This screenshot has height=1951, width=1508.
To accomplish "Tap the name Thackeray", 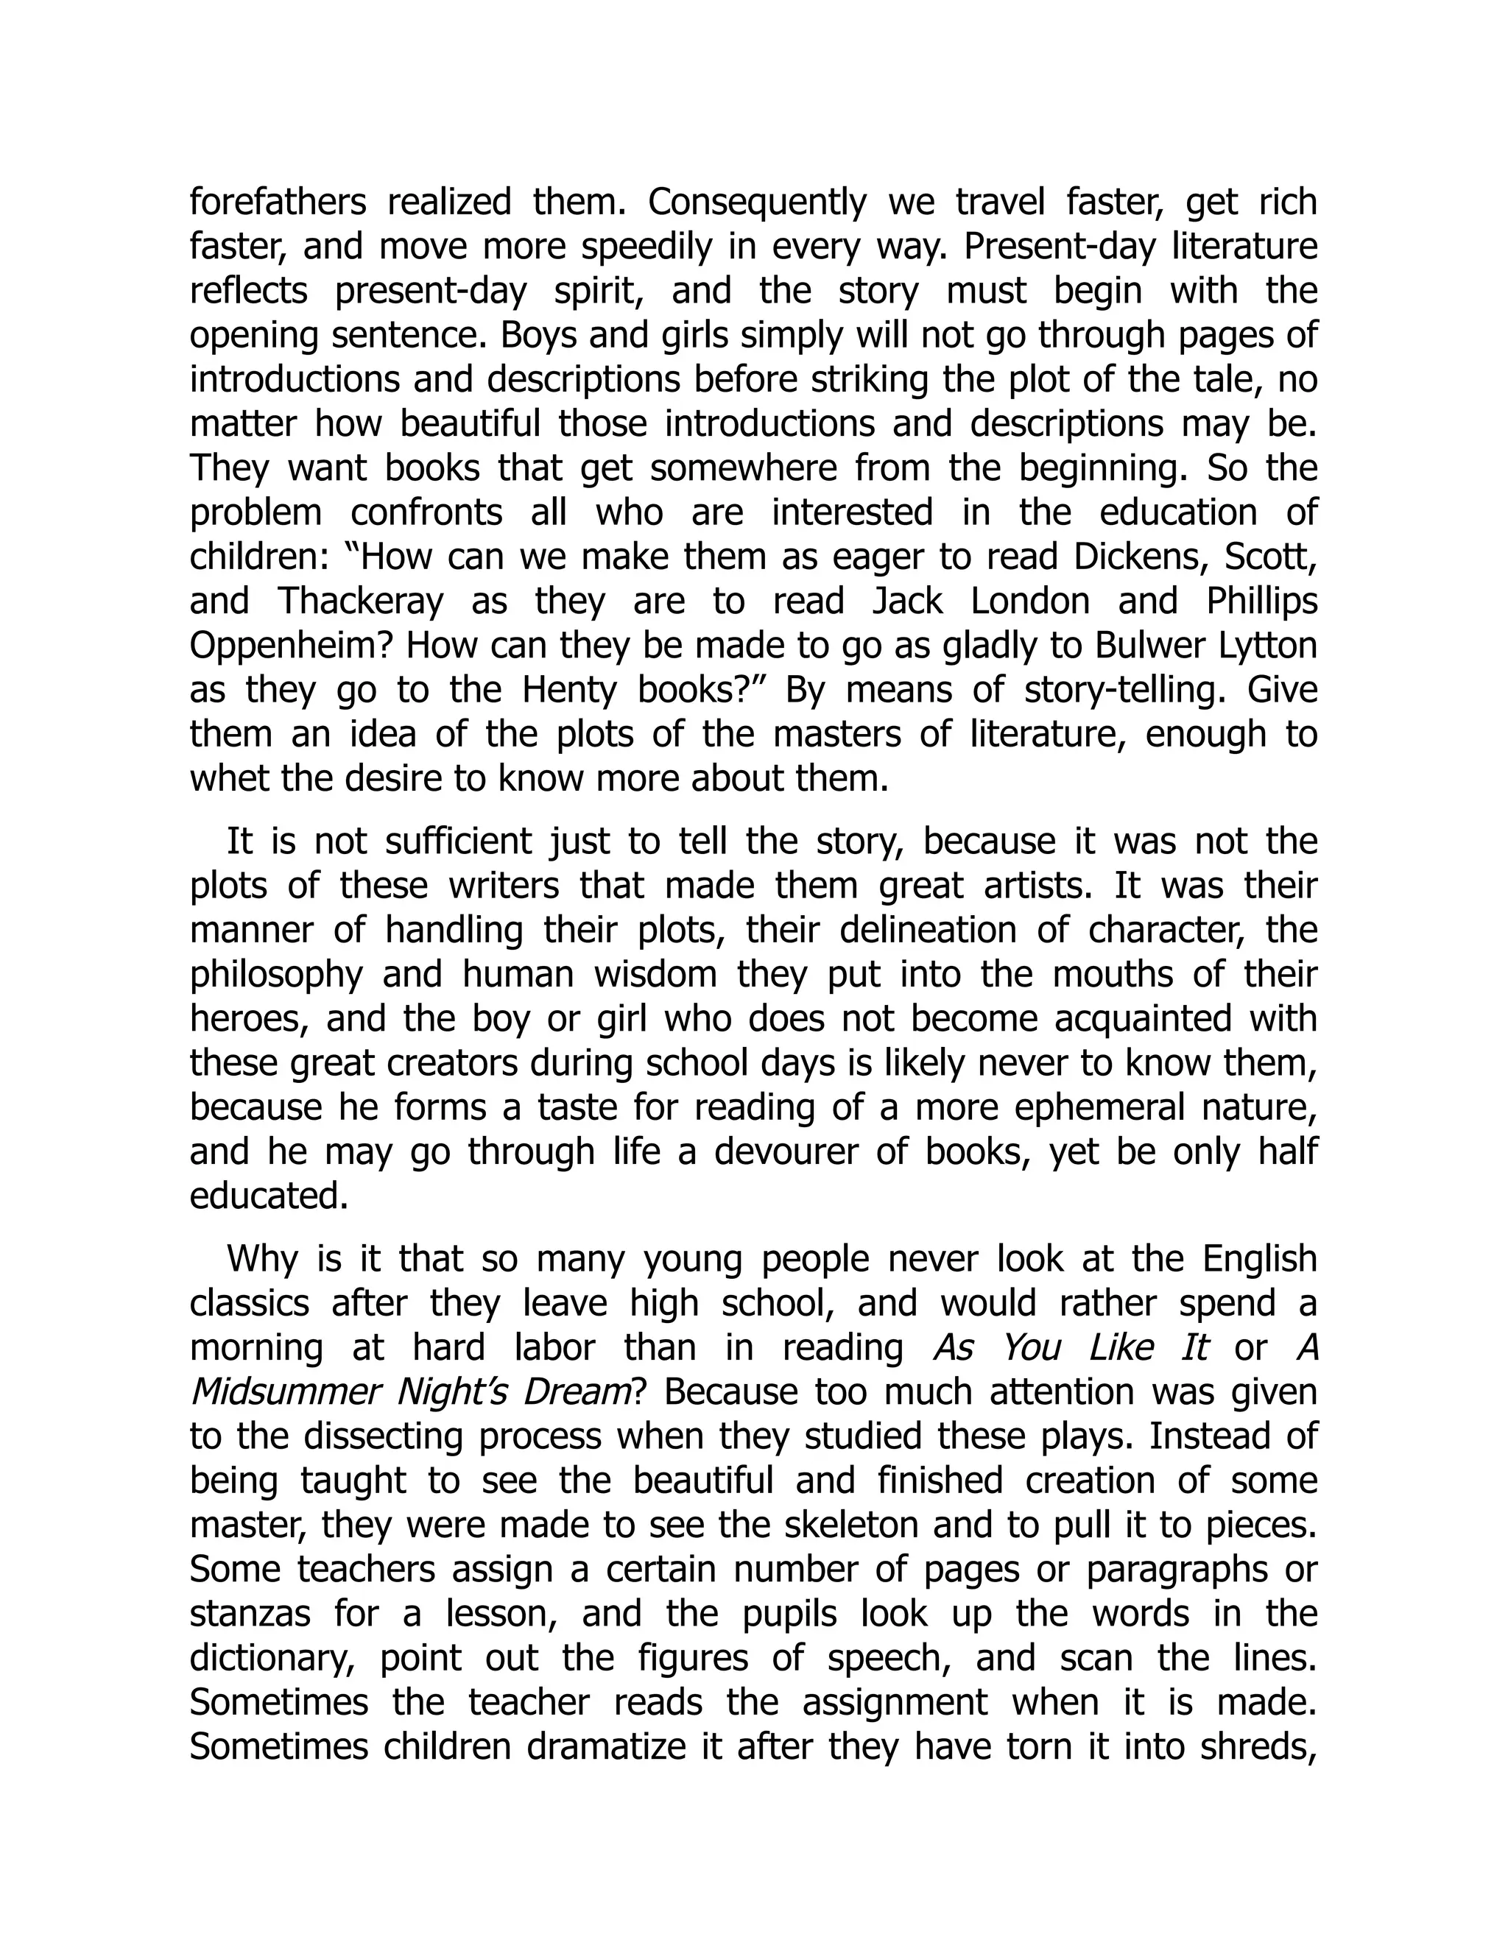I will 360,602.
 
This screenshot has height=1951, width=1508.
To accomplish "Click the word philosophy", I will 276,975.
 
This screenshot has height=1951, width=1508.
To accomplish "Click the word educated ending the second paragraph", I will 268,1197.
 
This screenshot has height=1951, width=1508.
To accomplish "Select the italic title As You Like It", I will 1070,1348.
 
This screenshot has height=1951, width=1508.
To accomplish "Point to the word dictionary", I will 272,1659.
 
